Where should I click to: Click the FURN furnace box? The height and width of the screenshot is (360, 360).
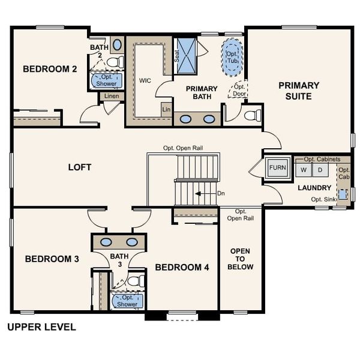277,167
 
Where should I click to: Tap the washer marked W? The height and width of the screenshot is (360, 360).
304,170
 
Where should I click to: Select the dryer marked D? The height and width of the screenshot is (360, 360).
320,170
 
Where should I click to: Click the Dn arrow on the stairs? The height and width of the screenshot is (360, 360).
205,194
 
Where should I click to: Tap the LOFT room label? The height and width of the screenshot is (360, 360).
79,167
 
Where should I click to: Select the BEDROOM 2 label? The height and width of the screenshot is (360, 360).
50,69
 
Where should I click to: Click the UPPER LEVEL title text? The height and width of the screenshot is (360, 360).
41,327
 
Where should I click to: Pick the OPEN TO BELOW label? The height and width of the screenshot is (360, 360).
240,259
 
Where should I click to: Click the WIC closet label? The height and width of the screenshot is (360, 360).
145,80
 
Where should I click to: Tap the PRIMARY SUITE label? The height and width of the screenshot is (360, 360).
299,91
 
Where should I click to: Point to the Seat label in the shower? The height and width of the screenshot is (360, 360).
177,55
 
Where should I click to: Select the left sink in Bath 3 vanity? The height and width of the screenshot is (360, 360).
106,242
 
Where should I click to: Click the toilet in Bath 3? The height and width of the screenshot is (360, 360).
135,280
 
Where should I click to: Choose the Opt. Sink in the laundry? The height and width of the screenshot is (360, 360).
343,194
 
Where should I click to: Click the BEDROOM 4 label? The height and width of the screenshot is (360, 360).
182,267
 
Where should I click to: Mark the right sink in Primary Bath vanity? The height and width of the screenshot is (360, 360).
209,119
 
